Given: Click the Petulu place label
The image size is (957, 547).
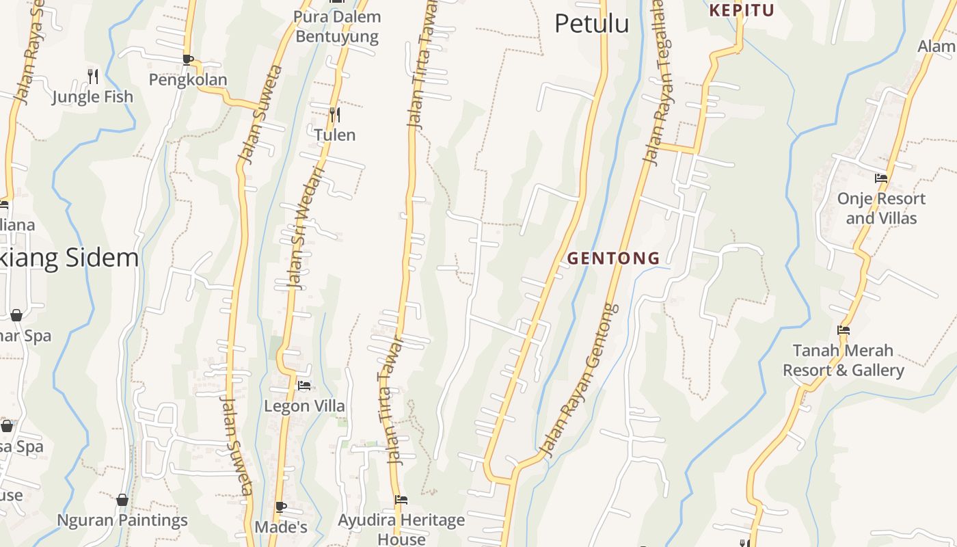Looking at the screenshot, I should [x=591, y=24].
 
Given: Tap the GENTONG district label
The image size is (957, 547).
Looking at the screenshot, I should [x=613, y=258].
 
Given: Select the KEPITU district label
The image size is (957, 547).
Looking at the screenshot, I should [x=742, y=10].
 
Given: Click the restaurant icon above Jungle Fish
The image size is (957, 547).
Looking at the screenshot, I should [x=93, y=75].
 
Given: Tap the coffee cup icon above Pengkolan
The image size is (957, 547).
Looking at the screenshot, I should [x=188, y=59].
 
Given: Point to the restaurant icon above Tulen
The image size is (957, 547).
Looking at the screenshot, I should [x=334, y=114].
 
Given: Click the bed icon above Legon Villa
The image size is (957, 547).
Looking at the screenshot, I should [x=305, y=386].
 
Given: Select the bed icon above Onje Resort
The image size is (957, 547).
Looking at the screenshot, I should [x=881, y=178].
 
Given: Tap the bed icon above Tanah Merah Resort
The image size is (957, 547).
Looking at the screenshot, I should [x=844, y=330].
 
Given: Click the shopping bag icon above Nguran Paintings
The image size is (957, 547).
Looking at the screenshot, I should [x=122, y=500].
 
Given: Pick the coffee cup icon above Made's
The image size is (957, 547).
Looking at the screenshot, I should [x=280, y=507].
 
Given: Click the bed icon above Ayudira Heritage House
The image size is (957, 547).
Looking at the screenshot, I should [x=401, y=500].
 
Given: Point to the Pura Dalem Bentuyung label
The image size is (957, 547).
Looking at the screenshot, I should [x=337, y=26].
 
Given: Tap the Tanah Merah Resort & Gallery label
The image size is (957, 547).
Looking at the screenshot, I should [x=843, y=360].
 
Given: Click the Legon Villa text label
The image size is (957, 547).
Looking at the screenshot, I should [x=305, y=406].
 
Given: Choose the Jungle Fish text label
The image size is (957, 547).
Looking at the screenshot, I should [x=93, y=97].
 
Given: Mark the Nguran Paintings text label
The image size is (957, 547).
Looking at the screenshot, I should [x=122, y=520].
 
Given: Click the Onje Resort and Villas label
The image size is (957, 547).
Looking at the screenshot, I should [x=881, y=209].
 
